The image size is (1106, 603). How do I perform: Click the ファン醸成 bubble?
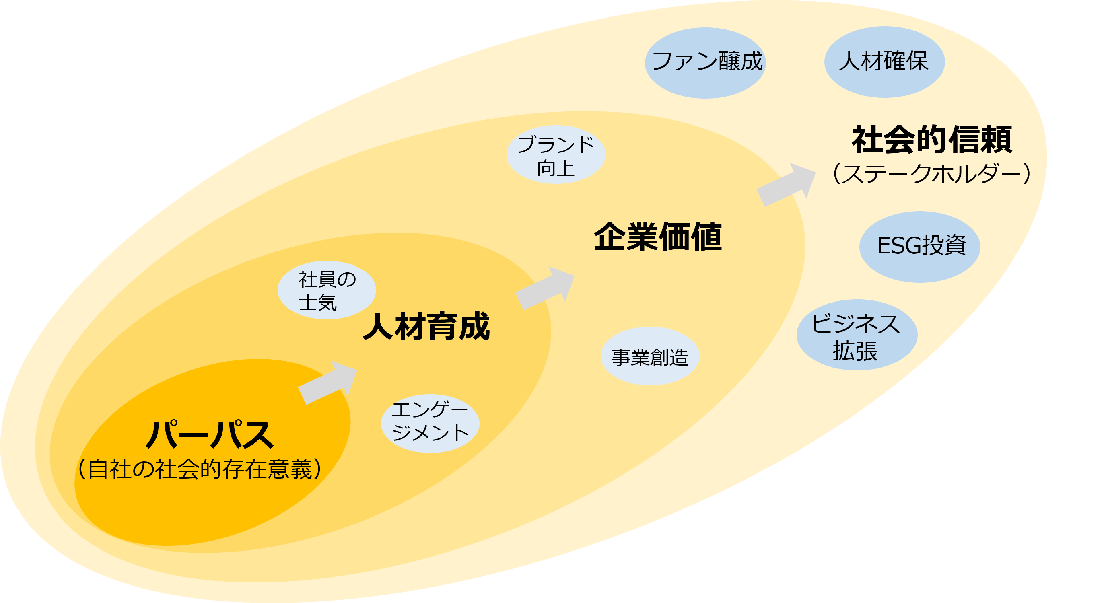[x=705, y=63]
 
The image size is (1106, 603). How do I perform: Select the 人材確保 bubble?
[x=884, y=62]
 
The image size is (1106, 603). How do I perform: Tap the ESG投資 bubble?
[x=920, y=247]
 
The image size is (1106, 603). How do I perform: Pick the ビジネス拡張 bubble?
[x=857, y=335]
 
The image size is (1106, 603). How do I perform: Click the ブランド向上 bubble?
[x=556, y=154]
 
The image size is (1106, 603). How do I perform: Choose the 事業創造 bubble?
[x=650, y=356]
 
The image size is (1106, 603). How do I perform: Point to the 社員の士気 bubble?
[x=327, y=290]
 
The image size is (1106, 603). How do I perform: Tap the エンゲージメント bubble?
[x=430, y=423]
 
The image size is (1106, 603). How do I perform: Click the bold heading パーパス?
[x=210, y=434]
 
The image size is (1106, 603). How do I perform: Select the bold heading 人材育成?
[x=426, y=326]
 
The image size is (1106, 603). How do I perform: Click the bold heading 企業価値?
[x=657, y=237]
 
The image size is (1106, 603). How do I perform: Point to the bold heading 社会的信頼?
[x=932, y=140]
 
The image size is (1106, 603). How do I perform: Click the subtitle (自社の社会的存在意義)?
[x=199, y=469]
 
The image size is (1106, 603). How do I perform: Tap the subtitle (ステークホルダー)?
[x=931, y=174]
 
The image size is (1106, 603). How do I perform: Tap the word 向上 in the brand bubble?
[x=556, y=168]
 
